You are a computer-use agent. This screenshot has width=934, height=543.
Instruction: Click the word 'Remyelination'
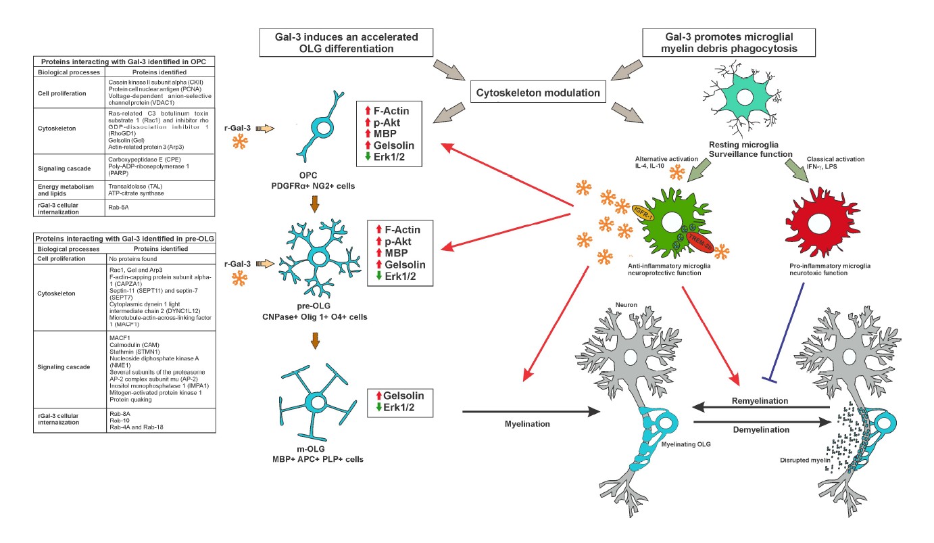pyautogui.click(x=760, y=401)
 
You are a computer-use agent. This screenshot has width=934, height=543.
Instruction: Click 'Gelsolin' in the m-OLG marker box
pyautogui.click(x=403, y=396)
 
